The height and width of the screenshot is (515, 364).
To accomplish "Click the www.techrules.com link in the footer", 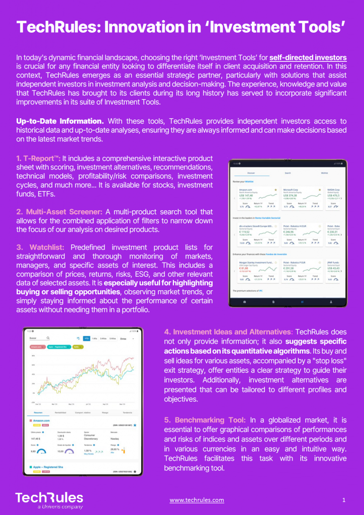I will click(197, 500).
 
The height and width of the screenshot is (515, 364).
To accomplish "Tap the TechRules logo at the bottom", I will click(49, 499).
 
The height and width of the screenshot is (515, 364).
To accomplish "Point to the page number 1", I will click(344, 500).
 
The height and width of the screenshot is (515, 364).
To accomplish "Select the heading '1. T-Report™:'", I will click(38, 158).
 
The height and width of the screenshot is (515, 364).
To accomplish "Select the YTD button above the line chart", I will click(86, 339).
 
